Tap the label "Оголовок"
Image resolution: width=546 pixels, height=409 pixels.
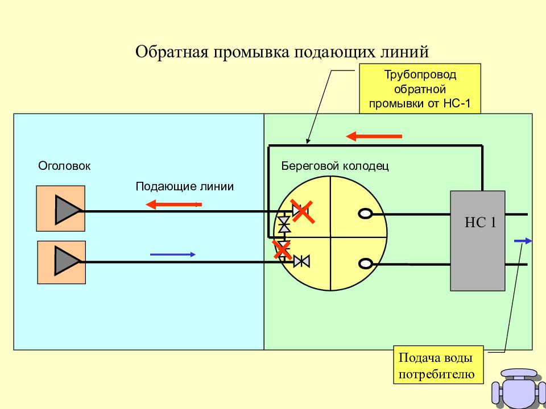[x=64, y=166]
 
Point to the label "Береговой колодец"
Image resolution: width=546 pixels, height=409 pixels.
[x=335, y=166]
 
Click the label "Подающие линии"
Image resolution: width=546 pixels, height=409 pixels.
[x=184, y=186]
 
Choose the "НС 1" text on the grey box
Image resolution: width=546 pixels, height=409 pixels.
[x=481, y=223]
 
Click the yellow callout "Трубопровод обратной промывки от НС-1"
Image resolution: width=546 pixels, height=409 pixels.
[x=420, y=89]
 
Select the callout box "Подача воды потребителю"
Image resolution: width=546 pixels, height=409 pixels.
[x=439, y=365]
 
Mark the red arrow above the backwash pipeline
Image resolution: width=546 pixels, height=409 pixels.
[x=374, y=136]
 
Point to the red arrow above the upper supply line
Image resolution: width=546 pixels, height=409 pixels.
[x=174, y=204]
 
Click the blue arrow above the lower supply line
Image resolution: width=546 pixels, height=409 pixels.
[x=173, y=254]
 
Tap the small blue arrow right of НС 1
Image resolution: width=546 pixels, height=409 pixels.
[x=523, y=241]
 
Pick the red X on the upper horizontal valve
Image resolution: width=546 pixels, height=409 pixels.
[x=303, y=211]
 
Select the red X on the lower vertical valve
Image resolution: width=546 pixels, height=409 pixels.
[x=282, y=249]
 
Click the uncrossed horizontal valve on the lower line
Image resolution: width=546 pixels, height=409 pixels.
[x=301, y=261]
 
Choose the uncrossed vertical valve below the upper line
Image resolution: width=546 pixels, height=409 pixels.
[x=284, y=224]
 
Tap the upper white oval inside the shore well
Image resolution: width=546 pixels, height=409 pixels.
[x=365, y=214]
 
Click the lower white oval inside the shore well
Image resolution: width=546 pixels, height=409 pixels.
[x=365, y=264]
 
